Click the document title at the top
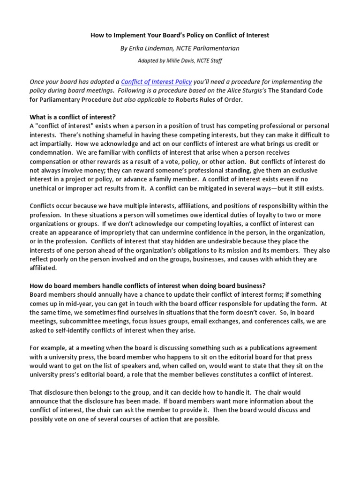pyautogui.click(x=180, y=35)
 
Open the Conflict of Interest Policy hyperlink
pyautogui.click(x=157, y=81)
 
